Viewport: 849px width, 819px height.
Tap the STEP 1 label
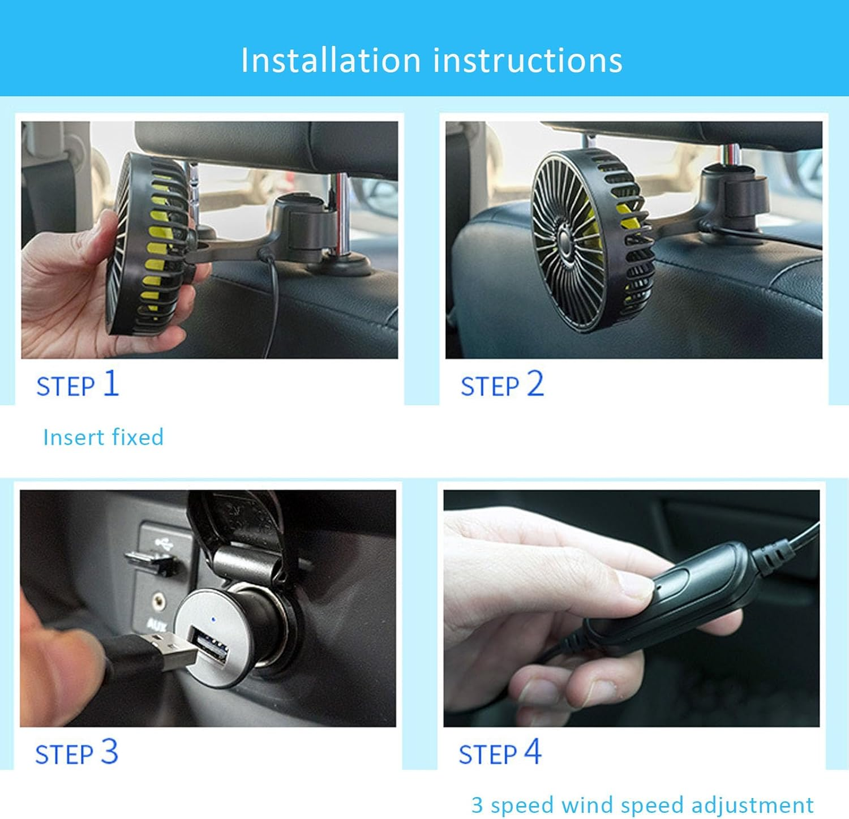click(x=78, y=384)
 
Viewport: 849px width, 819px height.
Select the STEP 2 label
click(x=502, y=384)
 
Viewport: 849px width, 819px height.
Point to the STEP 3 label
click(x=76, y=753)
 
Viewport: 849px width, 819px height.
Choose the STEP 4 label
click(x=500, y=753)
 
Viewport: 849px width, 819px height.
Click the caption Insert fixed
click(x=103, y=437)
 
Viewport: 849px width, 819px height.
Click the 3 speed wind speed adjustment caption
click(x=642, y=804)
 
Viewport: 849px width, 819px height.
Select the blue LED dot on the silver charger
click(x=213, y=619)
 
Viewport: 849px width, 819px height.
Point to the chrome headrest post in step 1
click(x=341, y=215)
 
